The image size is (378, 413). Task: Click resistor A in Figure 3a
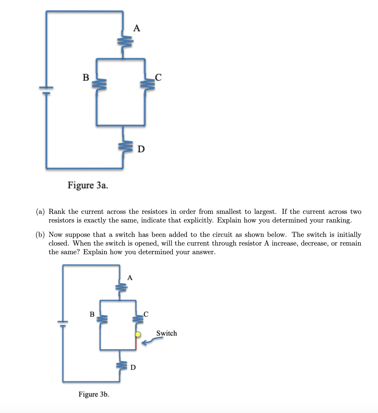coord(123,42)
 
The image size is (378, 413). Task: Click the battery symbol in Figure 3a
coord(46,90)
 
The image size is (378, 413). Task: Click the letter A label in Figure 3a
coord(137,28)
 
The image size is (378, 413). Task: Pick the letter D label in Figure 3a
coord(141,149)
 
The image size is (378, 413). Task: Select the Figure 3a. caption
coord(88,185)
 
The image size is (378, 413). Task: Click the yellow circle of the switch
coord(138,334)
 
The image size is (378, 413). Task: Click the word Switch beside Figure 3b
coord(167,333)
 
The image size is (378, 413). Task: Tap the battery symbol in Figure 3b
coord(63,324)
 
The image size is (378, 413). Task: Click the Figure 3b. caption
coord(94,394)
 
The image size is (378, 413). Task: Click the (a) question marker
coord(40,212)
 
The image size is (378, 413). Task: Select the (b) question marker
coord(40,235)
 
